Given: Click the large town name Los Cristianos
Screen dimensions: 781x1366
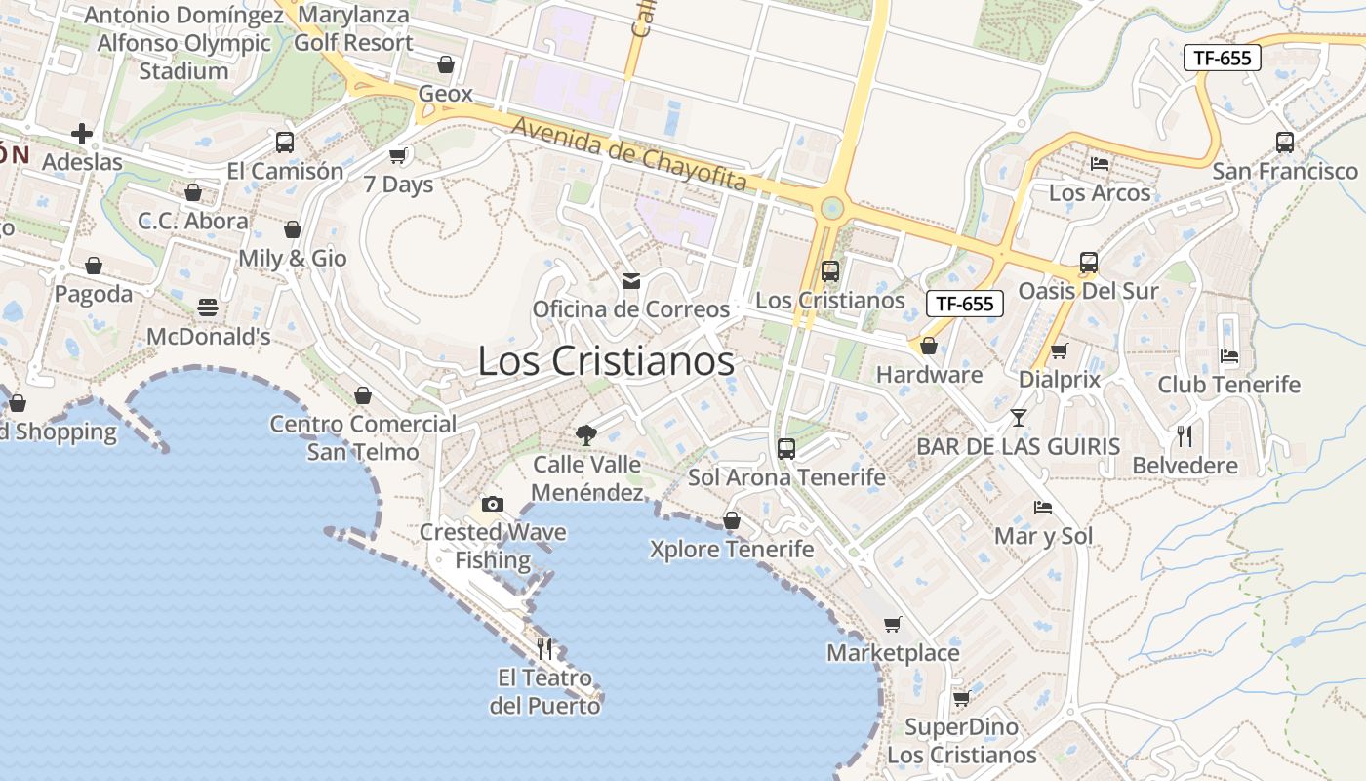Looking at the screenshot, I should click(605, 361).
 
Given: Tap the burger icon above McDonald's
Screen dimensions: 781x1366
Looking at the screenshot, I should click(208, 308).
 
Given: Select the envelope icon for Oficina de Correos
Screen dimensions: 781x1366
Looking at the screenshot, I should click(631, 281).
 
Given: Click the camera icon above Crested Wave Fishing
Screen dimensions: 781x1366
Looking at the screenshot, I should click(493, 504).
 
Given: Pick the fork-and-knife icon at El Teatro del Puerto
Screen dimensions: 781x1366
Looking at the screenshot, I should click(544, 648).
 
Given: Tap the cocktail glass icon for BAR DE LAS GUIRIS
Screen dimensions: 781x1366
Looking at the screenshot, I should click(1019, 418).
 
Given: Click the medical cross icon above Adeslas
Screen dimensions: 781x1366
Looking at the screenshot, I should click(82, 133).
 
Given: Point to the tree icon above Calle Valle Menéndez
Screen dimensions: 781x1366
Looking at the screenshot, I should click(585, 434).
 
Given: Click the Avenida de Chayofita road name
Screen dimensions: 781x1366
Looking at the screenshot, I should click(629, 154).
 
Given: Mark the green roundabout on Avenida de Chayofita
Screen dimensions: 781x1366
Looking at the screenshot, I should click(831, 207).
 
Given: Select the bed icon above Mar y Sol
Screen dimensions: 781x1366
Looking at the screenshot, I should click(1043, 508).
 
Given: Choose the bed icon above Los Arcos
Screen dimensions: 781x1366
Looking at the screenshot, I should click(1100, 164).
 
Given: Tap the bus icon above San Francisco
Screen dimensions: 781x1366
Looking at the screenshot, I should click(1285, 143).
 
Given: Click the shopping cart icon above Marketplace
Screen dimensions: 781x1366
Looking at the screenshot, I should click(892, 624).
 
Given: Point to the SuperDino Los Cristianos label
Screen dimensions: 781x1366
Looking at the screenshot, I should click(961, 741).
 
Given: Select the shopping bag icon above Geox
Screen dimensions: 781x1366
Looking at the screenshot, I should click(446, 64).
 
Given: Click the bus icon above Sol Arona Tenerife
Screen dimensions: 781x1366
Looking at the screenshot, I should click(786, 449).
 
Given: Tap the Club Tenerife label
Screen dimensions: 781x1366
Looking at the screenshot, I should click(1229, 385).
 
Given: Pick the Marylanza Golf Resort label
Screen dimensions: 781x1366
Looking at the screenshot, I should click(353, 29).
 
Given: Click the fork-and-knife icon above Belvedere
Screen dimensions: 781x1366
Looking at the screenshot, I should click(1185, 435).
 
